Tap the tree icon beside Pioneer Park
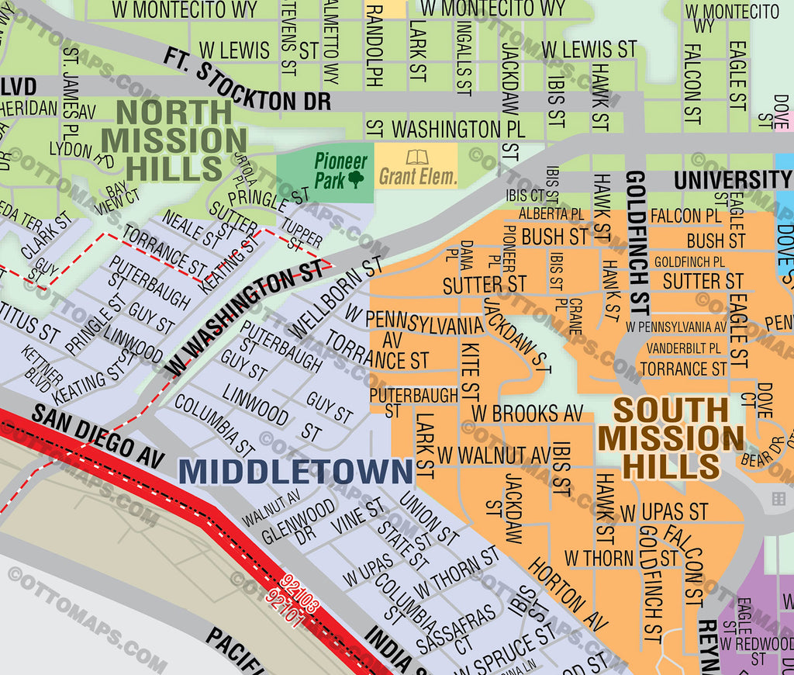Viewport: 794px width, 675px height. click(356, 180)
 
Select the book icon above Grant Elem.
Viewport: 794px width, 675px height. click(417, 157)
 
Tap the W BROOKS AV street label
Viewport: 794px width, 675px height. click(527, 413)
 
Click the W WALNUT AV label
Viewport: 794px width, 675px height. click(493, 454)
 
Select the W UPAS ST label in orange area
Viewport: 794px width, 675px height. click(664, 512)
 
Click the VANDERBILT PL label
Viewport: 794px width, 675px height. click(683, 348)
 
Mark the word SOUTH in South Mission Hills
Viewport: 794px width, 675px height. click(671, 410)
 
